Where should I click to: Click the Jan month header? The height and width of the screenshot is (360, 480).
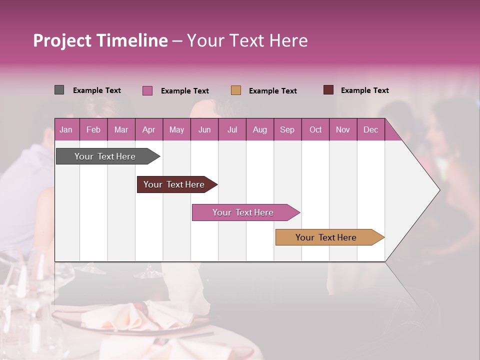pyautogui.click(x=66, y=129)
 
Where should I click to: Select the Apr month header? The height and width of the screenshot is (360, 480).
pyautogui.click(x=148, y=129)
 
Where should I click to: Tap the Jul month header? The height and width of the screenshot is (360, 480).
pyautogui.click(x=232, y=129)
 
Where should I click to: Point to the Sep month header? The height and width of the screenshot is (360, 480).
pyautogui.click(x=287, y=129)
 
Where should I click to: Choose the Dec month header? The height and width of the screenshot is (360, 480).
pyautogui.click(x=370, y=129)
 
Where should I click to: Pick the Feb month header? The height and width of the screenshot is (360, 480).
pyautogui.click(x=93, y=129)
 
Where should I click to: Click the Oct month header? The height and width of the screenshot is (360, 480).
pyautogui.click(x=315, y=129)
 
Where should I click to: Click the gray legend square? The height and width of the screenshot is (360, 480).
pyautogui.click(x=59, y=90)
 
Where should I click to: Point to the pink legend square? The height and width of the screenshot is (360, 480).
pyautogui.click(x=147, y=90)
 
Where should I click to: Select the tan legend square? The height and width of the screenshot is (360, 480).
pyautogui.click(x=236, y=90)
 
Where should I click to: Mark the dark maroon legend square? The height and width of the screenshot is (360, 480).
pyautogui.click(x=328, y=90)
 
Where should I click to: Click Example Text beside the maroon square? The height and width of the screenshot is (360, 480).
pyautogui.click(x=364, y=90)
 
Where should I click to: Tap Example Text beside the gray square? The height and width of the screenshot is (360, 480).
pyautogui.click(x=97, y=90)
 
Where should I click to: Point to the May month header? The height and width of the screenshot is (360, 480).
pyautogui.click(x=176, y=129)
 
